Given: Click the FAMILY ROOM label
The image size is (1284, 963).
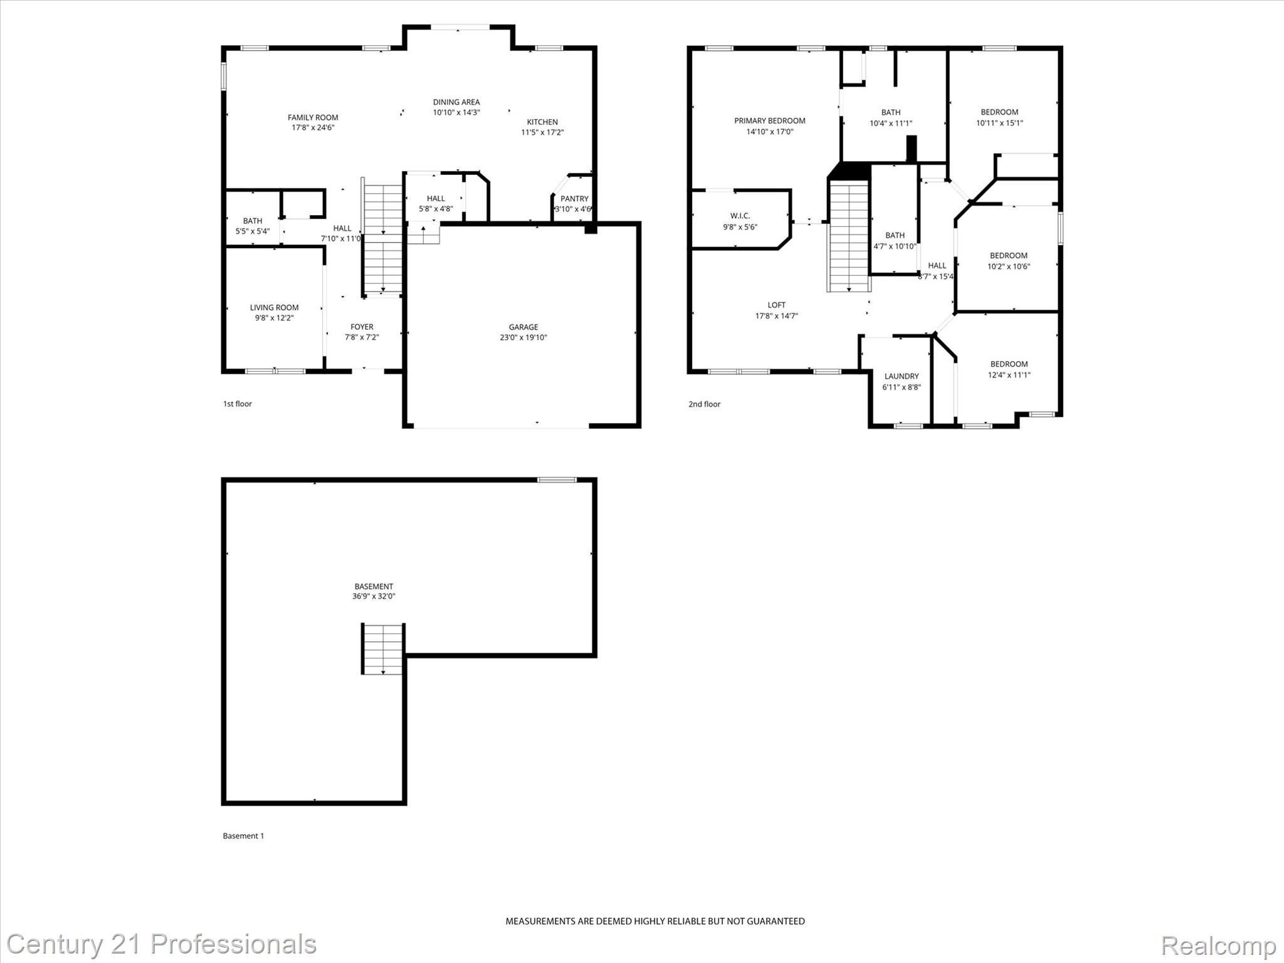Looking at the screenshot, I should pos(313,117).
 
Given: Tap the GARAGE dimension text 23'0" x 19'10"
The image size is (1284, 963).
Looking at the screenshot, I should pos(523,337).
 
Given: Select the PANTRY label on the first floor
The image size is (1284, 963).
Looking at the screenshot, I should pos(574,199).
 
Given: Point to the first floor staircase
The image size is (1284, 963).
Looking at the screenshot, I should pos(382,238).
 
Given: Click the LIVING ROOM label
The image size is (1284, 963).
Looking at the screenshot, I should pos(274,307).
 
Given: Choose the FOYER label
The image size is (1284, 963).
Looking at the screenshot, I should pos(362,327).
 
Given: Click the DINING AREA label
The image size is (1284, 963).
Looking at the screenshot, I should pos(456,102).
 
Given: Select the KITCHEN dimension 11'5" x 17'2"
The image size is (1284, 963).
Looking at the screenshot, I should pos(542,132).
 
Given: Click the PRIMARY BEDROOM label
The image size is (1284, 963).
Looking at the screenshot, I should pos(769,121).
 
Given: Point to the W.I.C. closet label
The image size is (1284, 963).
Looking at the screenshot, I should pos(740,216).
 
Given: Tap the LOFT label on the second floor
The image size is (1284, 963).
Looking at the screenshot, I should pos(776,305).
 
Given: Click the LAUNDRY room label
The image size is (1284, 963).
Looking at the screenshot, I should pos(901,376).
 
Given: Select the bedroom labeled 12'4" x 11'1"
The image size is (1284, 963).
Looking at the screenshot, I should pos(1009,369).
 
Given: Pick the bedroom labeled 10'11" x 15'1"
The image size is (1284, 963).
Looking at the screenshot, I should pos(999,117).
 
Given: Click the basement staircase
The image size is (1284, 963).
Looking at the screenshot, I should pos(382,649).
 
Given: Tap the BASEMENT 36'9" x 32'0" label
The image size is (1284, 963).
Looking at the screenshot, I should pos(374,591).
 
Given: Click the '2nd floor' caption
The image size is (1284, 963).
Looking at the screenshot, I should pos(704,404).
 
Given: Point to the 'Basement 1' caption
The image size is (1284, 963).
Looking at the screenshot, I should pos(243,836).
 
